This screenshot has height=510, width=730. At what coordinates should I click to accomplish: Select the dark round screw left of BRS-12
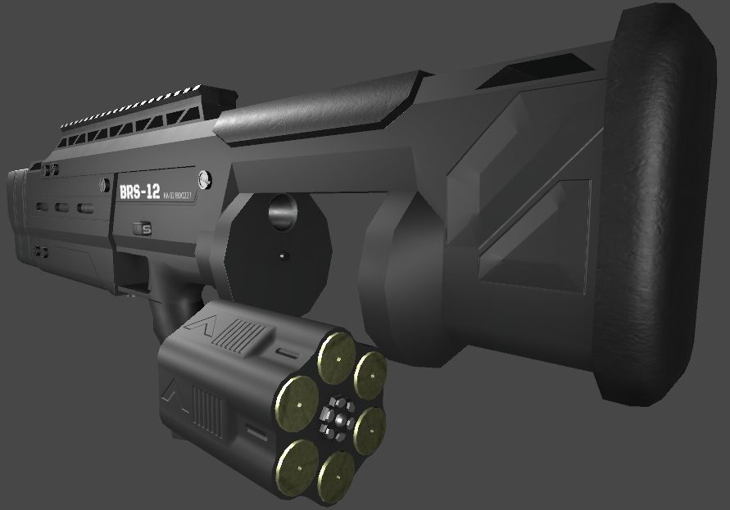[104, 185]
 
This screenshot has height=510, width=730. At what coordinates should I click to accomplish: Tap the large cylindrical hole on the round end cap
[283, 212]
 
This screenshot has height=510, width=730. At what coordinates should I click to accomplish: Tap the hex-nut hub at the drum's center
[336, 416]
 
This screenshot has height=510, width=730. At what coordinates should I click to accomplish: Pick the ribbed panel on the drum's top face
[243, 335]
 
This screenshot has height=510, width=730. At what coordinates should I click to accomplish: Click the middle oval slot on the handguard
[62, 206]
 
